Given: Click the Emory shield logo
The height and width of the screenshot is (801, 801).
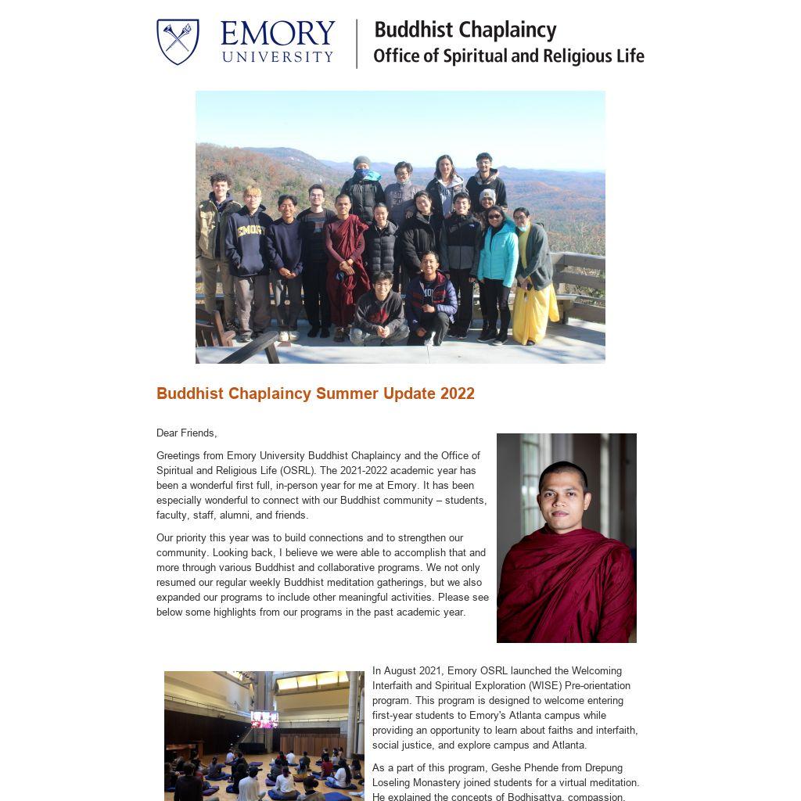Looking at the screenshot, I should [178, 41].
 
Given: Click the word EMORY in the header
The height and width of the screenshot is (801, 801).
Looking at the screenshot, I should [278, 34].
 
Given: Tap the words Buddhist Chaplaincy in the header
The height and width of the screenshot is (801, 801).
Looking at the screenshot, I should [465, 31].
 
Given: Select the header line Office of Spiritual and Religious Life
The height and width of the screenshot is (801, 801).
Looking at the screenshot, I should [508, 56].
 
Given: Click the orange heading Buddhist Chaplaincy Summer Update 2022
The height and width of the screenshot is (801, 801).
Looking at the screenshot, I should [315, 393].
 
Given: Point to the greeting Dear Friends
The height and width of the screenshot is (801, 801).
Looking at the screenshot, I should [186, 433].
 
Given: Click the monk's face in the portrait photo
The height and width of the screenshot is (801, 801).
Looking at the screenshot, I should [562, 497].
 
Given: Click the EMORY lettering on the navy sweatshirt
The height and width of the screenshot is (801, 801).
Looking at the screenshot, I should [250, 231].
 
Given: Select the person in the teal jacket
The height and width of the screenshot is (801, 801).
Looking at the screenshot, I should [497, 258].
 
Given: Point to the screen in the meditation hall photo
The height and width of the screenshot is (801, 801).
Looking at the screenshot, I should [264, 719].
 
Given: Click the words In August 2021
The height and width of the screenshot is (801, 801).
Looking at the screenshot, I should [408, 671].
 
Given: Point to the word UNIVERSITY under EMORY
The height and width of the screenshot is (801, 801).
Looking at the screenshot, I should [278, 56].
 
